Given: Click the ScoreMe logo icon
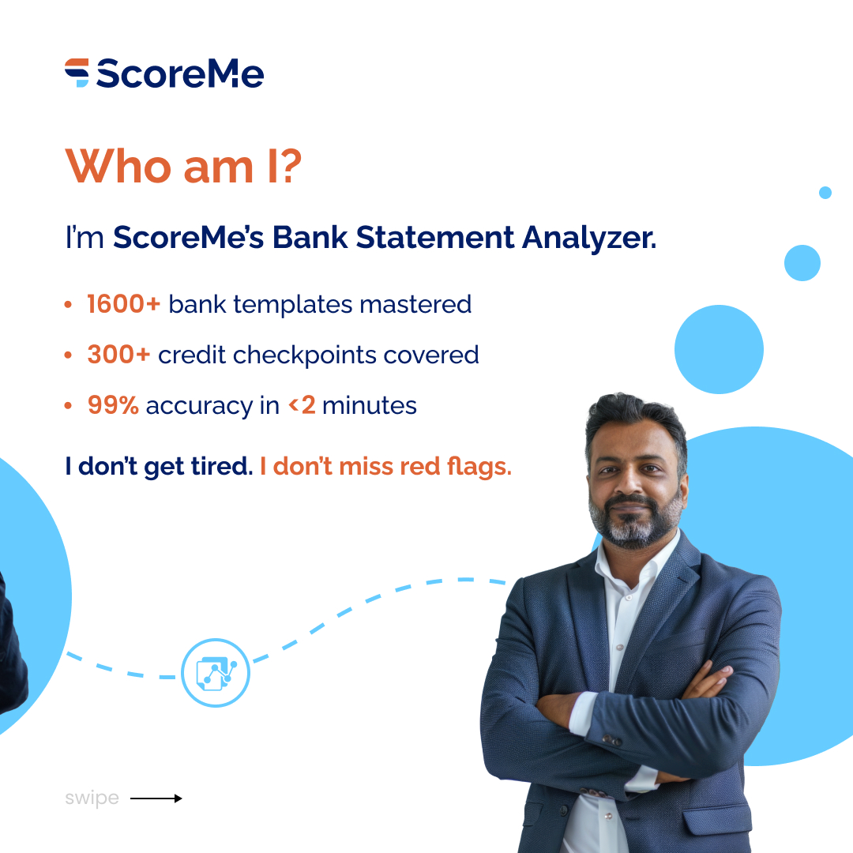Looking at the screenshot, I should click(x=77, y=73).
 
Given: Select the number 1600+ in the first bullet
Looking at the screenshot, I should click(x=123, y=304).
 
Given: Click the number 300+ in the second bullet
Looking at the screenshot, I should click(x=118, y=355).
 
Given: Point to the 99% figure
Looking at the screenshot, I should click(x=113, y=406).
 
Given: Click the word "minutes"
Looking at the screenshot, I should click(x=369, y=406).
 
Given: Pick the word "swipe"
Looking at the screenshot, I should click(x=92, y=799).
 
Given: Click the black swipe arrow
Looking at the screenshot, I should click(x=156, y=799).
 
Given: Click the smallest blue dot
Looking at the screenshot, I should click(x=825, y=193).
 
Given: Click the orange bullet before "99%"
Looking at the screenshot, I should click(x=69, y=406).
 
